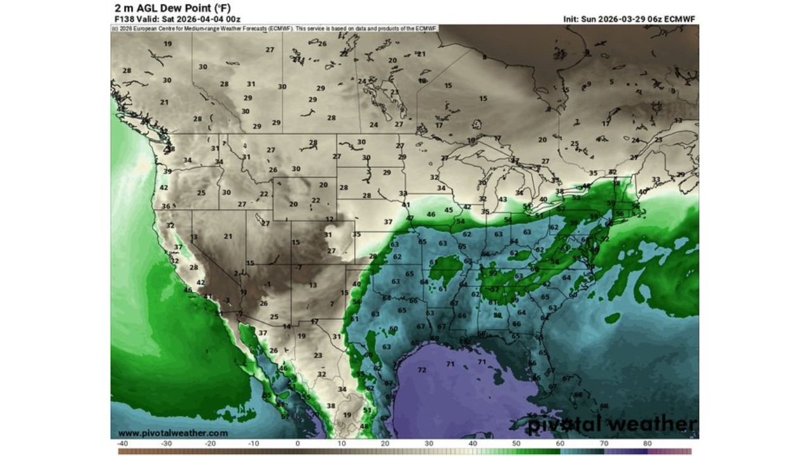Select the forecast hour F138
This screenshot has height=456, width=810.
point(124,19)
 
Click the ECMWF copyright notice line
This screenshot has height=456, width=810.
point(275,28)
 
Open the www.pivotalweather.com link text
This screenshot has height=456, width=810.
point(173,433)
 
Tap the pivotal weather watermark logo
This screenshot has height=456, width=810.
point(613,424)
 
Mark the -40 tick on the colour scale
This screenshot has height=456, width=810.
point(123,444)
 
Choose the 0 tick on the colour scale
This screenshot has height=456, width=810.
point(297,444)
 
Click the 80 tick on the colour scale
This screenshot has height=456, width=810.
point(647,444)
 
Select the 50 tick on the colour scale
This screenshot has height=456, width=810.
point(516,444)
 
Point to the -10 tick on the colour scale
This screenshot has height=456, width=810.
point(253,444)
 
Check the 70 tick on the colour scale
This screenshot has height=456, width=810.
point(604,444)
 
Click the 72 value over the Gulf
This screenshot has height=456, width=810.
point(422,370)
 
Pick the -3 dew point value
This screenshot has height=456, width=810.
point(226,300)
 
